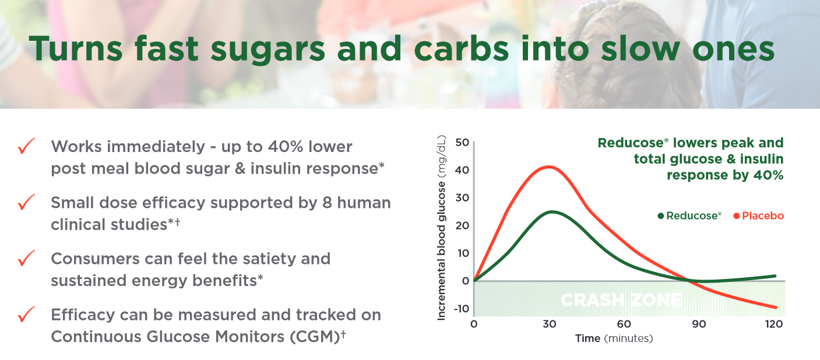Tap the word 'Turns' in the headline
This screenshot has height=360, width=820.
point(75,50)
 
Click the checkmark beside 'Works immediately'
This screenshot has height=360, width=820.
point(27,146)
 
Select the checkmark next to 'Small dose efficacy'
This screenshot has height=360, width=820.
point(27,203)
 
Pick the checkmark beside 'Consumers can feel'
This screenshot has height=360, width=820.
point(27,258)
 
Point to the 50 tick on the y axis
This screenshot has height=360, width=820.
point(462,143)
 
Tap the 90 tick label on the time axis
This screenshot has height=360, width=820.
point(699,324)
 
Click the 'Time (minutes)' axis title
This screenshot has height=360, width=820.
point(614,338)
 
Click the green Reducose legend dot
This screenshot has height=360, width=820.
point(660,216)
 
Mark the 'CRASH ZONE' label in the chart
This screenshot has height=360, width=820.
point(621,301)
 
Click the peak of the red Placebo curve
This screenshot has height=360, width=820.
point(549,167)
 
